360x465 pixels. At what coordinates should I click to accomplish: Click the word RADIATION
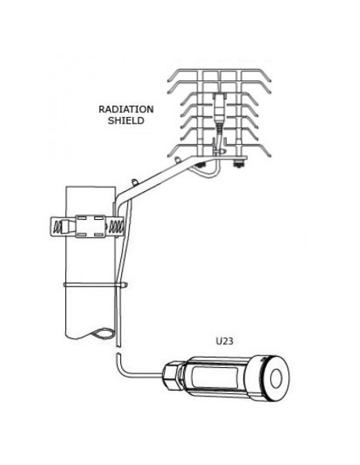[126, 109]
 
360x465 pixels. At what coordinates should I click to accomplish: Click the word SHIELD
[126, 121]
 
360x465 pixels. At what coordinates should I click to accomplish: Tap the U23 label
[225, 342]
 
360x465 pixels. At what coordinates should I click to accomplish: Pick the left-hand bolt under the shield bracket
[201, 165]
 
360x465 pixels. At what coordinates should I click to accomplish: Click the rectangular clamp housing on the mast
[91, 226]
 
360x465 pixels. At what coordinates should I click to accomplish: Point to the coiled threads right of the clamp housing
[114, 227]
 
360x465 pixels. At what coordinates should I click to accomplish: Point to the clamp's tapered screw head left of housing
[68, 227]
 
